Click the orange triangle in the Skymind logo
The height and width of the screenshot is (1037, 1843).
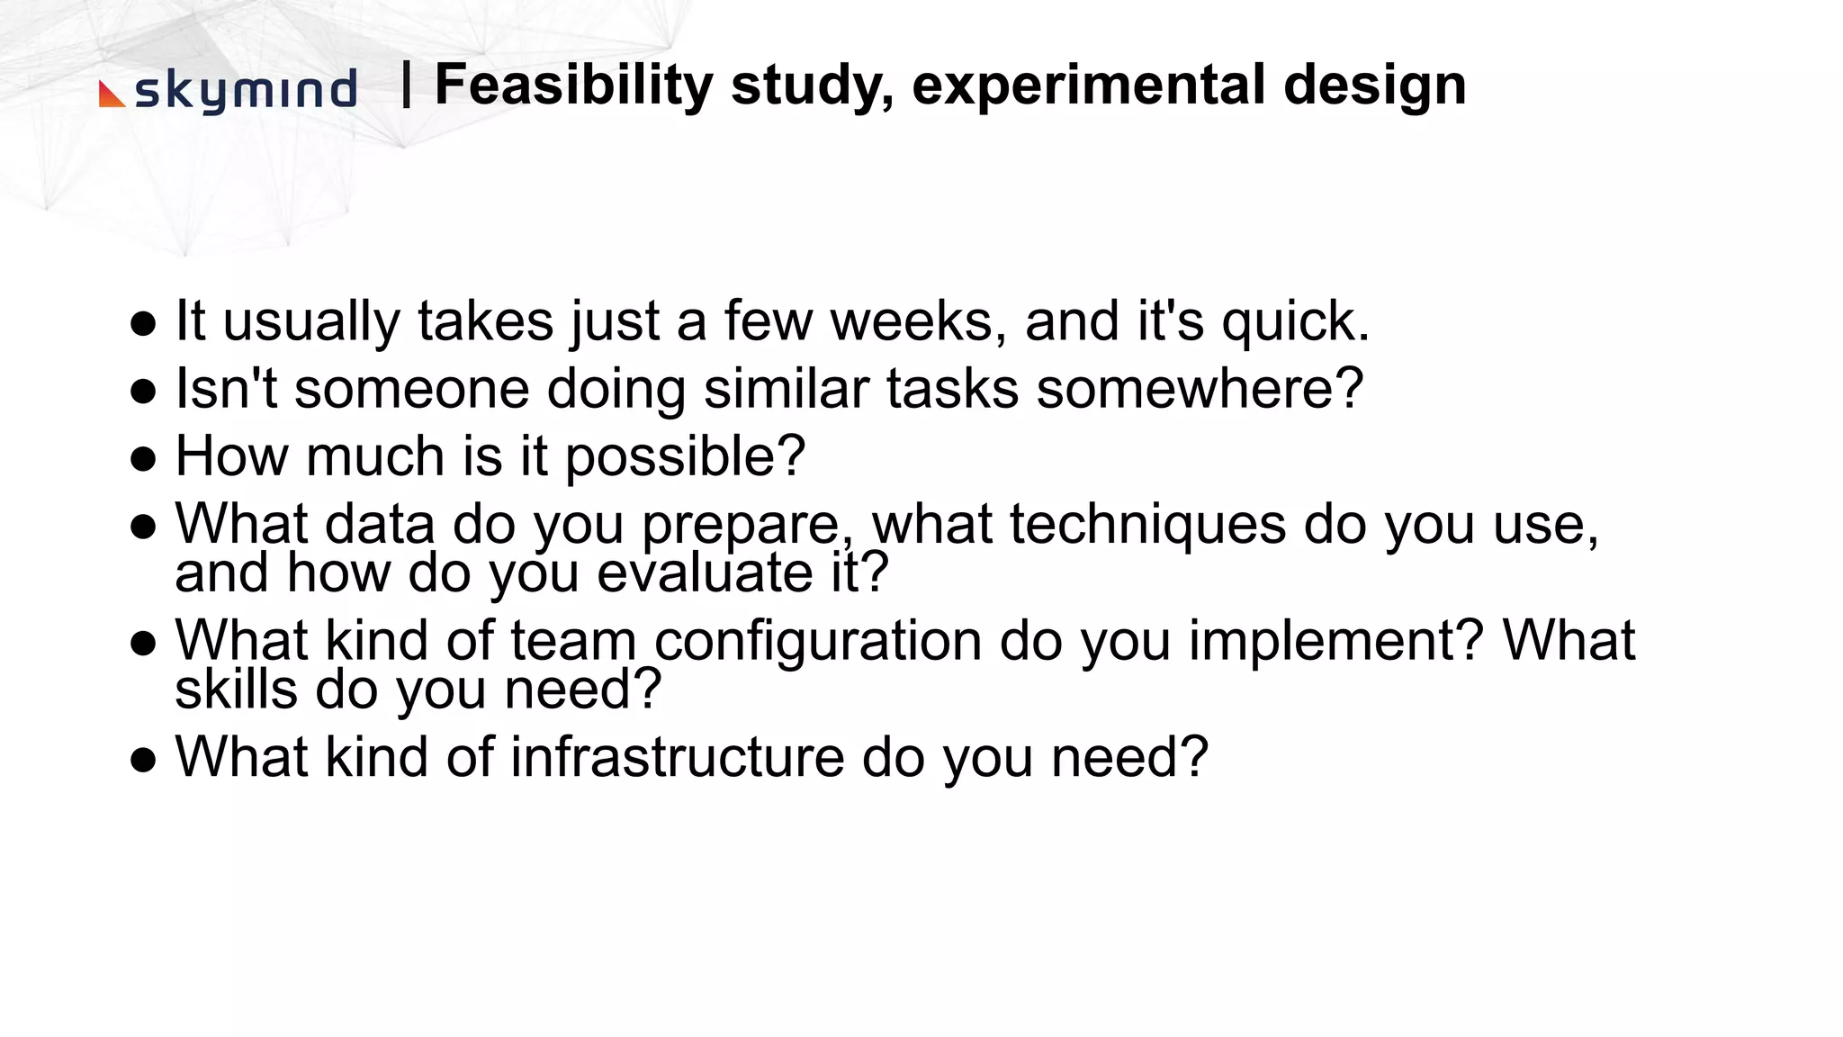[111, 95]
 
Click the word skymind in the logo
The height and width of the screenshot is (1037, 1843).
[245, 92]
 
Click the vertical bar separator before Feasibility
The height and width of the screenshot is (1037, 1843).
[407, 85]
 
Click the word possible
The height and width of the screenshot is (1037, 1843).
[684, 457]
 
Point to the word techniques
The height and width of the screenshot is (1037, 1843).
[1147, 525]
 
